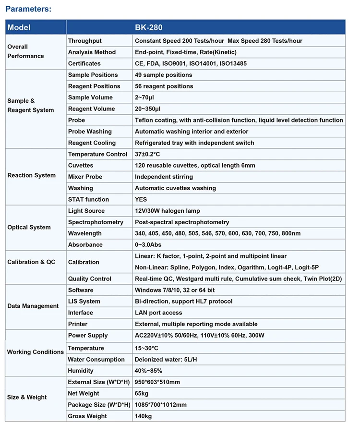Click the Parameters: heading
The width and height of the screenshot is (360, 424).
pyautogui.click(x=28, y=9)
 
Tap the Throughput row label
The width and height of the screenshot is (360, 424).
pyautogui.click(x=85, y=41)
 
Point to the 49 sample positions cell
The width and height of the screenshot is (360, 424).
pyautogui.click(x=163, y=75)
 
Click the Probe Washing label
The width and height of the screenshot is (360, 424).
pyautogui.click(x=90, y=132)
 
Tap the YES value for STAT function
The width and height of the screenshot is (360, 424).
pyautogui.click(x=141, y=199)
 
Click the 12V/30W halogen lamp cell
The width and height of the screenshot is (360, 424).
pyautogui.click(x=168, y=211)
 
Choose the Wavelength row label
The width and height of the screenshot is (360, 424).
pyautogui.click(x=85, y=233)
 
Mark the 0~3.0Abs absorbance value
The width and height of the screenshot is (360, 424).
pyautogui.click(x=152, y=244)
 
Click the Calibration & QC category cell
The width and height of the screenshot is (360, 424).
pyautogui.click(x=31, y=262)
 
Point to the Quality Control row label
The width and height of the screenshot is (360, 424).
pyautogui.click(x=90, y=279)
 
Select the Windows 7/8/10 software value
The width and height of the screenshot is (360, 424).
pyautogui.click(x=182, y=290)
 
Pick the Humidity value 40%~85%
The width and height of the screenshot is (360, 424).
pyautogui.click(x=148, y=371)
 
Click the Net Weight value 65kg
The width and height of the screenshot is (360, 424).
pyautogui.click(x=143, y=393)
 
